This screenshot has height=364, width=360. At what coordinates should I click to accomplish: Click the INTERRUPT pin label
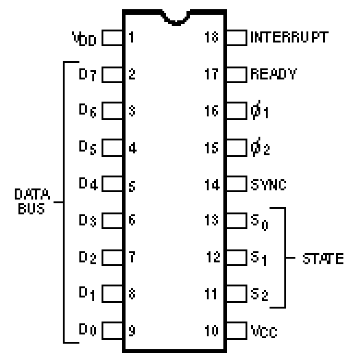coord(289,37)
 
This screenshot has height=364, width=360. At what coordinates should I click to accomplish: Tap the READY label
coord(274,74)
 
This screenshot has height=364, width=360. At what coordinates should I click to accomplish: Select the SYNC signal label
coord(268,185)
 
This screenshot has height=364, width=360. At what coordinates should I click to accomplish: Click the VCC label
coord(264,331)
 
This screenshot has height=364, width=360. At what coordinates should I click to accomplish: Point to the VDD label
coord(84,39)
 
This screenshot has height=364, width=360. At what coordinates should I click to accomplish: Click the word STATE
coord(323,259)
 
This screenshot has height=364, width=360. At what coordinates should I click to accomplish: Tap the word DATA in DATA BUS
coord(32,194)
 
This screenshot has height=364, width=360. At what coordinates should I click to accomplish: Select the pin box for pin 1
coord(112,38)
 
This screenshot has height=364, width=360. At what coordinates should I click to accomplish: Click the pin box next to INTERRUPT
coord(236,38)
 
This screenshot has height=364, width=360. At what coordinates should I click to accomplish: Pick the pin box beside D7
coord(112,75)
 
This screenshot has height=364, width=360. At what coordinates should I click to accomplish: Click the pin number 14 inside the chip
coord(212,185)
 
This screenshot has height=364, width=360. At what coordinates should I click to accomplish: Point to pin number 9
coord(132,331)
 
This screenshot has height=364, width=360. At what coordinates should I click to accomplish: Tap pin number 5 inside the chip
coord(132,187)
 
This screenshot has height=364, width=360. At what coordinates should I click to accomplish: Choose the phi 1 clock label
coord(259,110)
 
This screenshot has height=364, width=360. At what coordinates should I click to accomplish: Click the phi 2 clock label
coord(260,147)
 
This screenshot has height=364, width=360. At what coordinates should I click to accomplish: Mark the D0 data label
coord(87,330)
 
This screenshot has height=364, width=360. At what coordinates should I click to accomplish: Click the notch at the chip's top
coord(176,18)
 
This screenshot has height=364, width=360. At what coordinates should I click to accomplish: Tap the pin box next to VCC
coord(236,331)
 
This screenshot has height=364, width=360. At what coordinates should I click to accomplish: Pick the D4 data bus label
coord(88,184)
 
